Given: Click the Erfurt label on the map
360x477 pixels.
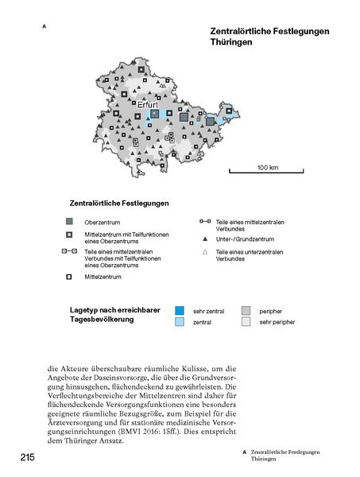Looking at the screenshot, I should tap(149, 104).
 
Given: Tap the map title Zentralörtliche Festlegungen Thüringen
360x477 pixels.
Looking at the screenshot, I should tap(248, 37).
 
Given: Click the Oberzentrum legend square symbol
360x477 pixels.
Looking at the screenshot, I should tap(70, 220).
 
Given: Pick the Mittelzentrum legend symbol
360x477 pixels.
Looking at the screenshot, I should tap(70, 277).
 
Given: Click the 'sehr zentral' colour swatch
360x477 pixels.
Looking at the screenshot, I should tap(180, 309).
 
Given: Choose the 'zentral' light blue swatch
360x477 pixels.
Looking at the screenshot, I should tap(180, 322).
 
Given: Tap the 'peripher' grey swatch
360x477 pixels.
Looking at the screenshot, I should tap(246, 309).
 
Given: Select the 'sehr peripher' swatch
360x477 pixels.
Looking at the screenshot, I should tap(246, 322).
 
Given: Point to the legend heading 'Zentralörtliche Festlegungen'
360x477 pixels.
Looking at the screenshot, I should tap(119, 204).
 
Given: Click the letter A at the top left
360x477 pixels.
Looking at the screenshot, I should tap(44, 26).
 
